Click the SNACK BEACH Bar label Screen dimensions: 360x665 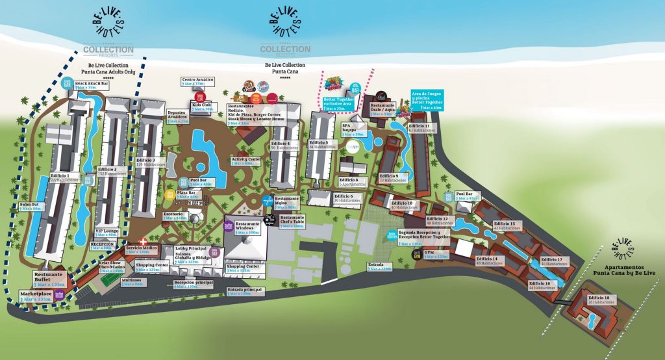[91, 85]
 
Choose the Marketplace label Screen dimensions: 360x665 [37, 294]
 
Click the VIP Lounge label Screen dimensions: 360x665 [106, 232]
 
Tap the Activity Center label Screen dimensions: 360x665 [245, 161]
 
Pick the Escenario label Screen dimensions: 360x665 [175, 215]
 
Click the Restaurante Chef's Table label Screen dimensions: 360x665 [292, 222]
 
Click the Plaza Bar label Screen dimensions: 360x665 [187, 194]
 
